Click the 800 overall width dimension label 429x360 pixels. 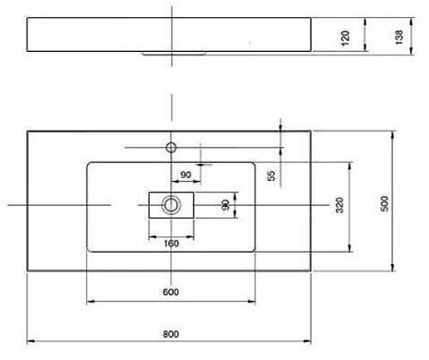[x=171, y=334]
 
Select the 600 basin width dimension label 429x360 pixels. [x=171, y=292]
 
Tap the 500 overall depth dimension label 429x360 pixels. [x=385, y=204]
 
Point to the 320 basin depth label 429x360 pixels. [x=339, y=205]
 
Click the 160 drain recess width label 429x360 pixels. [x=171, y=244]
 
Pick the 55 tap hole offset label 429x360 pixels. [x=271, y=176]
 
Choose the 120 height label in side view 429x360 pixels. [x=345, y=38]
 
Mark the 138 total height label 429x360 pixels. [x=399, y=37]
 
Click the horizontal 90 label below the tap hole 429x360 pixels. [x=185, y=175]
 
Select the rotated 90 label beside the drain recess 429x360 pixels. [x=226, y=205]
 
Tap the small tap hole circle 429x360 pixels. [x=171, y=148]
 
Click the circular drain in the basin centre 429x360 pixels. [x=171, y=205]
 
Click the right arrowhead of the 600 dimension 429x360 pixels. [x=252, y=302]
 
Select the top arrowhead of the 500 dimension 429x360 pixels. [x=392, y=135]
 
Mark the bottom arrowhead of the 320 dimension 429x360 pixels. [x=350, y=248]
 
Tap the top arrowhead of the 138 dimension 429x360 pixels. [x=412, y=22]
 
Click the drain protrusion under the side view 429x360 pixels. [x=174, y=55]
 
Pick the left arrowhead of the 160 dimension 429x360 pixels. [x=153, y=237]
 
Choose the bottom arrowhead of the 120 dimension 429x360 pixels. [x=365, y=47]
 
